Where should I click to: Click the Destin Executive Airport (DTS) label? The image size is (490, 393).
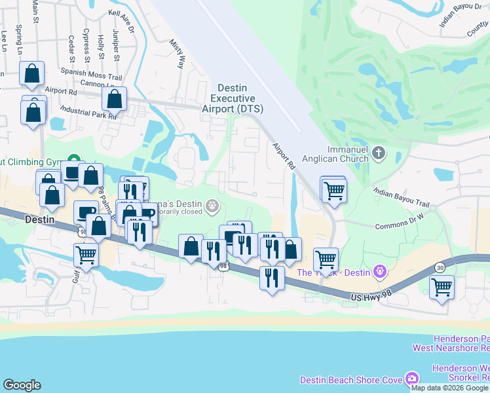[x=233, y=98]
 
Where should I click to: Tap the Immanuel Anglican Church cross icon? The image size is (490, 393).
[x=378, y=154]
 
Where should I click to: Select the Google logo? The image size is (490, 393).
[x=22, y=385]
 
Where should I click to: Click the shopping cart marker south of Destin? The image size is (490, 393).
[x=86, y=255]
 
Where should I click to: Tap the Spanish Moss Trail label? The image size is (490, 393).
[x=92, y=77]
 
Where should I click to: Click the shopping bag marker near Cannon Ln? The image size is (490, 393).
[x=115, y=100]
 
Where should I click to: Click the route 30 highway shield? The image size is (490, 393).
[x=440, y=267]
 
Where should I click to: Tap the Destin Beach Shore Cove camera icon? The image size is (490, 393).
[x=411, y=379]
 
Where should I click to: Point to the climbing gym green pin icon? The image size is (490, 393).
[x=74, y=160]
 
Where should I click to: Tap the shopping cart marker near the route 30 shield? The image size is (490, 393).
[x=442, y=287]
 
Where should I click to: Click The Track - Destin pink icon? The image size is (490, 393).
[x=379, y=271]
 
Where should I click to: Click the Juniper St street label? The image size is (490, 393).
[x=117, y=43]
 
